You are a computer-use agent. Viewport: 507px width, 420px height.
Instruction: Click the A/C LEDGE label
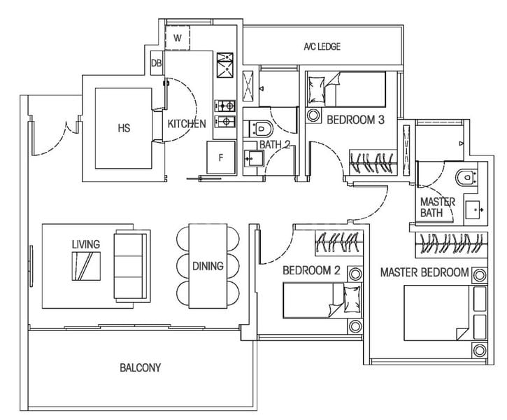321,47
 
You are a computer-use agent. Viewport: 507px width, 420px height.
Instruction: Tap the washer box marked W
178,38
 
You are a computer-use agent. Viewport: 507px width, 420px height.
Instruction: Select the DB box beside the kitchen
156,64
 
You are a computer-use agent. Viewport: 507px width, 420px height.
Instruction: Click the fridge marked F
220,157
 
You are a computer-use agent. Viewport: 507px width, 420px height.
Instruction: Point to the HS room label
124,128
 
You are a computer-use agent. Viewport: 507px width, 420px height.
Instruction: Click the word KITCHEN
187,125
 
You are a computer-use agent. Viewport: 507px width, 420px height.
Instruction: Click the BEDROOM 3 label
355,120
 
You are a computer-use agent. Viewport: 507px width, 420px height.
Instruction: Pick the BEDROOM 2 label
310,270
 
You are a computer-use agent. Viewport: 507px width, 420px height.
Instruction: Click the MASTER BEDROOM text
424,272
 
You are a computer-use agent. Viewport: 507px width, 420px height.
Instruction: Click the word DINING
208,266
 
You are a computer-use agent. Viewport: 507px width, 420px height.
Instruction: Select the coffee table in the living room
85,265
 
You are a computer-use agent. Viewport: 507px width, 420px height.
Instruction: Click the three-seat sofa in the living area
131,265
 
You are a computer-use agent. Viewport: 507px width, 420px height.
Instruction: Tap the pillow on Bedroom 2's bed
352,300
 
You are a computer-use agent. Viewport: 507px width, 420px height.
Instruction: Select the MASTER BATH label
438,207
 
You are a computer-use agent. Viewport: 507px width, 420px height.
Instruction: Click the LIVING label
85,244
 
